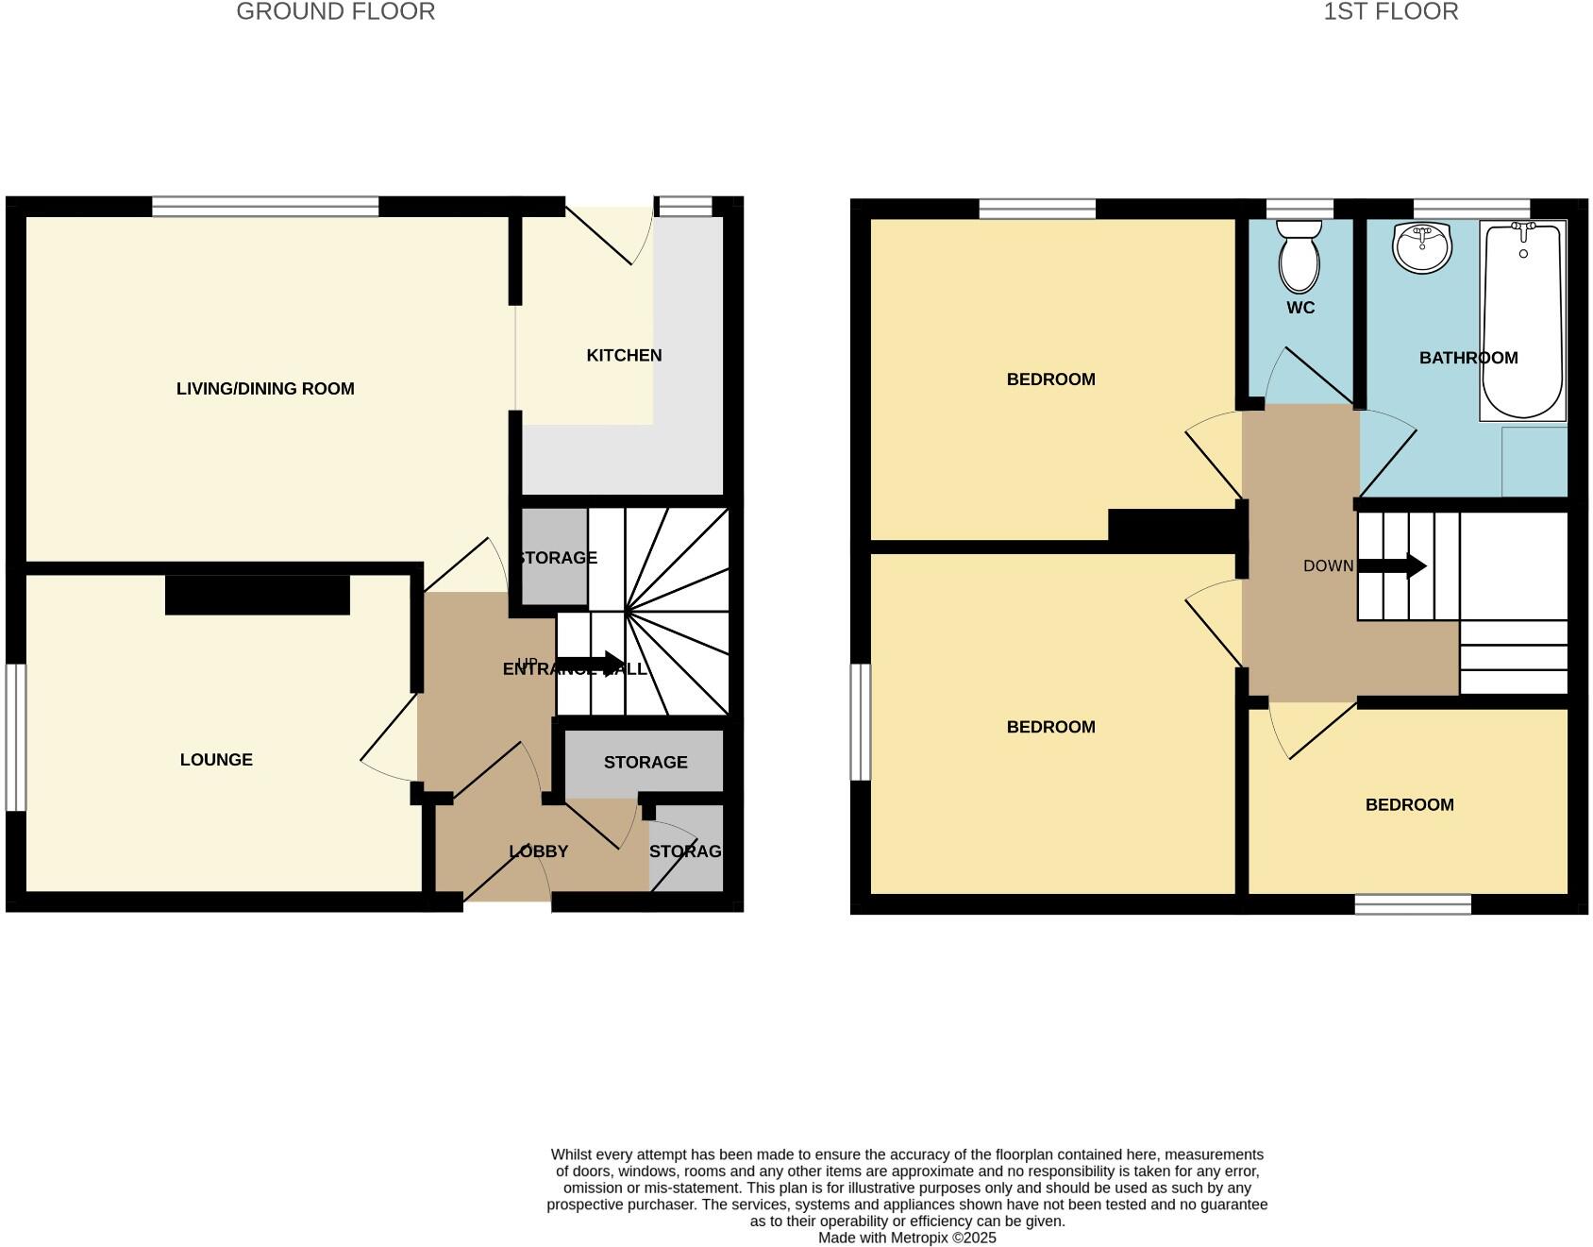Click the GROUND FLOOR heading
pyautogui.click(x=335, y=12)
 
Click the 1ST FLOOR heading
pyautogui.click(x=1390, y=12)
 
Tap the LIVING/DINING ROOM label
pyautogui.click(x=265, y=389)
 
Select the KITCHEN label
pyautogui.click(x=624, y=356)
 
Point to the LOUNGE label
pyautogui.click(x=216, y=760)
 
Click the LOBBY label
pyautogui.click(x=538, y=851)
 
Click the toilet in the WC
pyautogui.click(x=1300, y=256)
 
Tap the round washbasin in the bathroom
pyautogui.click(x=1421, y=247)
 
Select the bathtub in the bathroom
pyautogui.click(x=1522, y=321)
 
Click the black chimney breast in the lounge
pyautogui.click(x=257, y=595)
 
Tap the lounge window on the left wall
pyautogui.click(x=16, y=736)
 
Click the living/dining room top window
pyautogui.click(x=265, y=206)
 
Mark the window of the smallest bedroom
pyautogui.click(x=1413, y=904)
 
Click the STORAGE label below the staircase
pyautogui.click(x=646, y=763)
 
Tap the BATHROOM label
pyautogui.click(x=1468, y=358)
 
